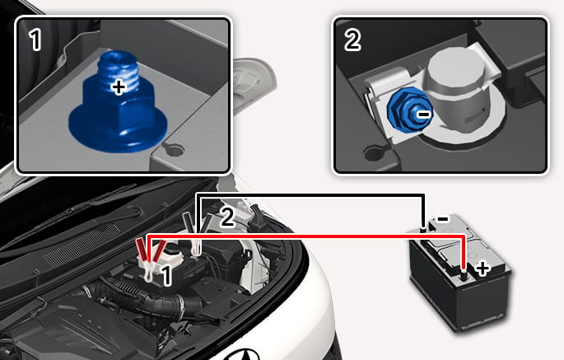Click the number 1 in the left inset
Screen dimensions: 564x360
(x=35, y=40)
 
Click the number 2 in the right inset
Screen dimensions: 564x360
(x=352, y=40)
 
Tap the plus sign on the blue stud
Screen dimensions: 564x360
(x=119, y=87)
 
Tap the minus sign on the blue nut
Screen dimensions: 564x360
(x=424, y=115)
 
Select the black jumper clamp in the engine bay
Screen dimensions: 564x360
(x=195, y=234)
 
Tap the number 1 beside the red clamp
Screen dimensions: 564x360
(x=165, y=275)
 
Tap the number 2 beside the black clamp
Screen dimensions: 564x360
(x=227, y=217)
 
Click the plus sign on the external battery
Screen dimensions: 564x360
(x=482, y=269)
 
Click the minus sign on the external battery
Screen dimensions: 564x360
(x=442, y=218)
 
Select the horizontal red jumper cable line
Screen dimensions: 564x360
(x=306, y=236)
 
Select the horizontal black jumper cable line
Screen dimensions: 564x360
(x=310, y=195)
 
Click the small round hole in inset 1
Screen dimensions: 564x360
(x=174, y=149)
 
